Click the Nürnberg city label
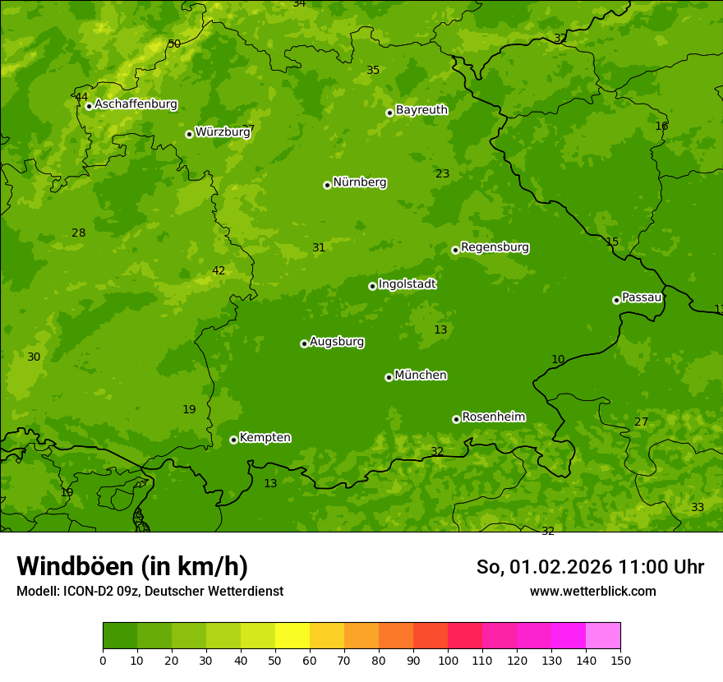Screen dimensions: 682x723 pyautogui.click(x=359, y=182)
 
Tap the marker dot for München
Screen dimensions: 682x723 pyautogui.click(x=389, y=377)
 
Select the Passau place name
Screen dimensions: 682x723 pyautogui.click(x=642, y=297)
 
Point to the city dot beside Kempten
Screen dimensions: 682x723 pyautogui.click(x=233, y=440)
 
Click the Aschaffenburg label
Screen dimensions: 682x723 pyautogui.click(x=136, y=104)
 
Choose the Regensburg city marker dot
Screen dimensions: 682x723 pyautogui.click(x=455, y=250)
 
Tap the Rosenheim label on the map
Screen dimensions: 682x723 pyautogui.click(x=493, y=417)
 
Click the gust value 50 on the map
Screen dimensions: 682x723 pyautogui.click(x=174, y=44)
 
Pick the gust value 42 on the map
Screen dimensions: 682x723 pyautogui.click(x=219, y=270)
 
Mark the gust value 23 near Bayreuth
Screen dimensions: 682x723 pyautogui.click(x=442, y=173)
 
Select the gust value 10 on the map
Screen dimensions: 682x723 pyautogui.click(x=558, y=359)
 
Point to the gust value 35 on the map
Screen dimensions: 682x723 pyautogui.click(x=373, y=70)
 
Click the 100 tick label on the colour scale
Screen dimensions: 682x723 pyautogui.click(x=448, y=660)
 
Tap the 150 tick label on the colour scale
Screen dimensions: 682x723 pyautogui.click(x=620, y=660)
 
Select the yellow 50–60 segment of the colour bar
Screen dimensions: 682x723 pyautogui.click(x=292, y=635)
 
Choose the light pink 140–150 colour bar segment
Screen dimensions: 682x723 pyautogui.click(x=603, y=635)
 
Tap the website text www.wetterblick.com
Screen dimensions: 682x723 pyautogui.click(x=592, y=591)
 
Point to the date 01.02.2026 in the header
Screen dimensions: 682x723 pyautogui.click(x=560, y=567)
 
